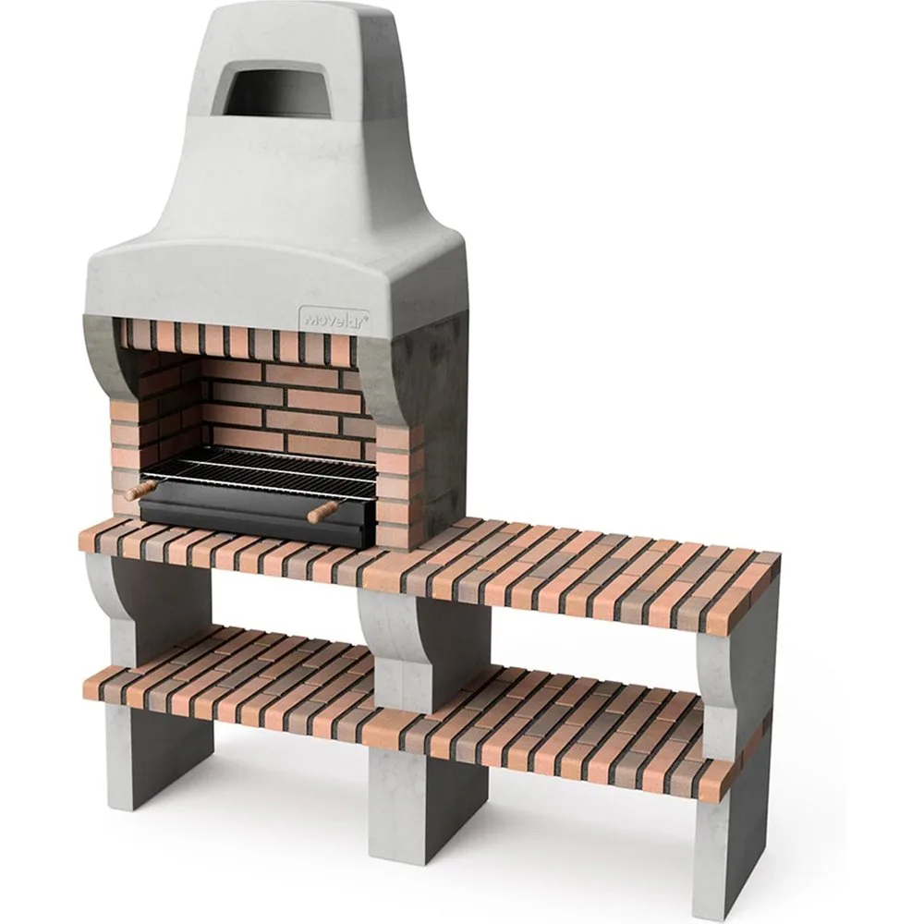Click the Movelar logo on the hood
pos(334,318)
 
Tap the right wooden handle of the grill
pos(322,511)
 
